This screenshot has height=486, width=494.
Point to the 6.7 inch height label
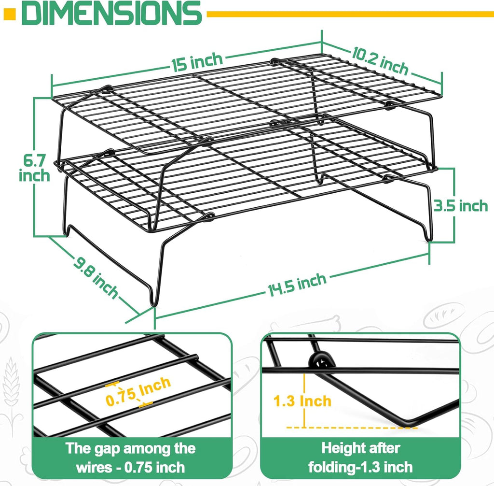click(x=34, y=167)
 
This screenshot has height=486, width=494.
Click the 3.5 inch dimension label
click(x=460, y=206)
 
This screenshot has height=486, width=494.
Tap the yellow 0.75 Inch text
click(x=138, y=392)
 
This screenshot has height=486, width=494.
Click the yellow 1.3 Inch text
click(x=302, y=401)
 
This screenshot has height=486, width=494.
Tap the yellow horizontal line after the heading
click(x=347, y=14)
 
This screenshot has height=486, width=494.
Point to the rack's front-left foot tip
click(x=153, y=303)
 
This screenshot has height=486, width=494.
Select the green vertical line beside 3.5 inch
click(x=454, y=205)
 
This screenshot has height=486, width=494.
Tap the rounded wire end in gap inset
click(x=196, y=358)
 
